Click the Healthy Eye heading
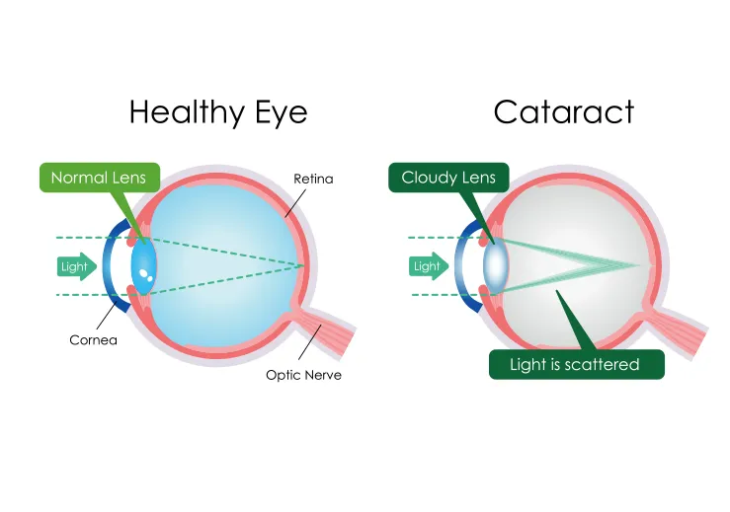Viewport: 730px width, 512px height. coord(218,111)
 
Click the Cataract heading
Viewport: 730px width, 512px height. coord(564,111)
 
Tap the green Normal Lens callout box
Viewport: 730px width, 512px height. coord(98,178)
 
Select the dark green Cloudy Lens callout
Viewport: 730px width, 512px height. coord(448,178)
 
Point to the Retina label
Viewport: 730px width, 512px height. coord(313,179)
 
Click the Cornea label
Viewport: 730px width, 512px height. coord(93,340)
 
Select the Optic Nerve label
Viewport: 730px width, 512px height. coord(303,375)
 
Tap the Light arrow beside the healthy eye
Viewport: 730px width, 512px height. coord(77,265)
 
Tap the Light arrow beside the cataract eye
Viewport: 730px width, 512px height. coord(428,265)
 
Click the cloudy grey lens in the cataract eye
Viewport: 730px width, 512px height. coord(496,265)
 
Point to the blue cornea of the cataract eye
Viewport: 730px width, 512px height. coord(462,266)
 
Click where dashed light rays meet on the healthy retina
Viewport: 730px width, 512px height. coord(302,264)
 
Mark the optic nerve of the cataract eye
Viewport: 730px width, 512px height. coord(678,330)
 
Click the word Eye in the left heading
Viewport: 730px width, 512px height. coord(281,111)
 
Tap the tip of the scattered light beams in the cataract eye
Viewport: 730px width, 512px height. coord(643,264)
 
